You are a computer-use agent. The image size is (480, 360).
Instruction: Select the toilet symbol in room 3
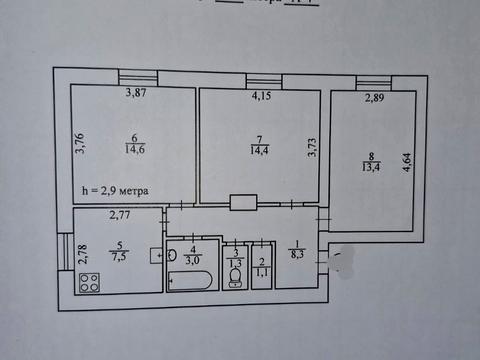point(236,273)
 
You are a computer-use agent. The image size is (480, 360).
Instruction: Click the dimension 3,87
point(136,94)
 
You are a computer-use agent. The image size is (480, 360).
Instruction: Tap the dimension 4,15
point(261,97)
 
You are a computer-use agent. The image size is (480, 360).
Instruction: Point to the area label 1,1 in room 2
point(262,270)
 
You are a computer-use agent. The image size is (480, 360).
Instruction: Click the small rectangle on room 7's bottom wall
point(243,202)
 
